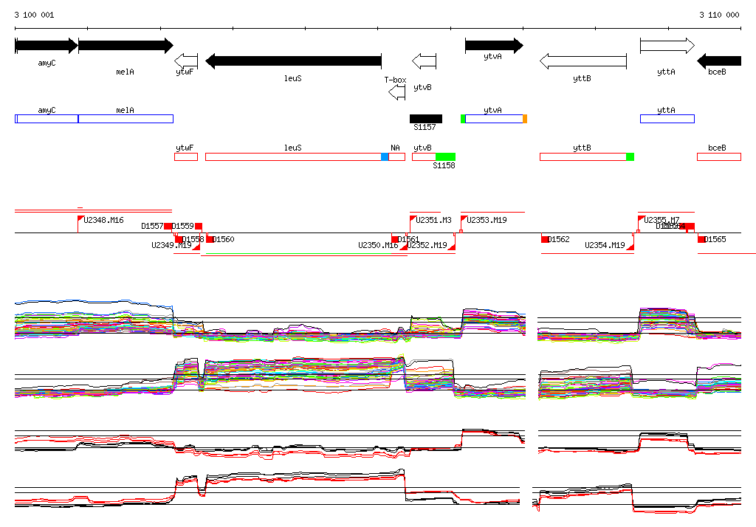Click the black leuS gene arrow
293,61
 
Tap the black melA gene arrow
126,46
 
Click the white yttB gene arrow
583,61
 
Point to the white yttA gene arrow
667,46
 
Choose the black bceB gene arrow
719,61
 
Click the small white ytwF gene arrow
186,61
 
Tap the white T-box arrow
397,92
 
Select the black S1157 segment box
426,118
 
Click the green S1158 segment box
445,156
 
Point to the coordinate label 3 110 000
719,15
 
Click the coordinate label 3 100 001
34,15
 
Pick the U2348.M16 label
103,220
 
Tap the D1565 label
715,239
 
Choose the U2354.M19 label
605,245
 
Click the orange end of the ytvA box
525,118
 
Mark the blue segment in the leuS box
385,156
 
